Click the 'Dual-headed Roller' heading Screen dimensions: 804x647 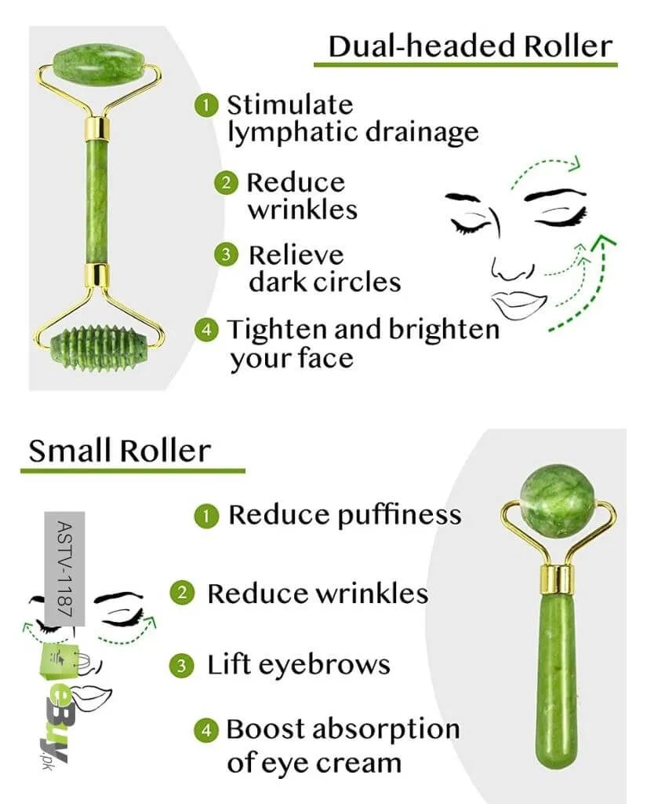pos(469,46)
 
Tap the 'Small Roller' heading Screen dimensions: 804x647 pos(119,451)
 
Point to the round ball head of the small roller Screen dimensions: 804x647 pos(558,501)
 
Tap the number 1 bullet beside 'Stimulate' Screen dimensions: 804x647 pos(206,105)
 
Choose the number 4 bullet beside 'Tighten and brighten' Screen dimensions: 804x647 pos(206,330)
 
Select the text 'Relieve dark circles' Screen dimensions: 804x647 pos(323,268)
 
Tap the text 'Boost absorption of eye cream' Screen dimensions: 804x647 pos(341,745)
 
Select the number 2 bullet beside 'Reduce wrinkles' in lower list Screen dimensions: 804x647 pos(182,593)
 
